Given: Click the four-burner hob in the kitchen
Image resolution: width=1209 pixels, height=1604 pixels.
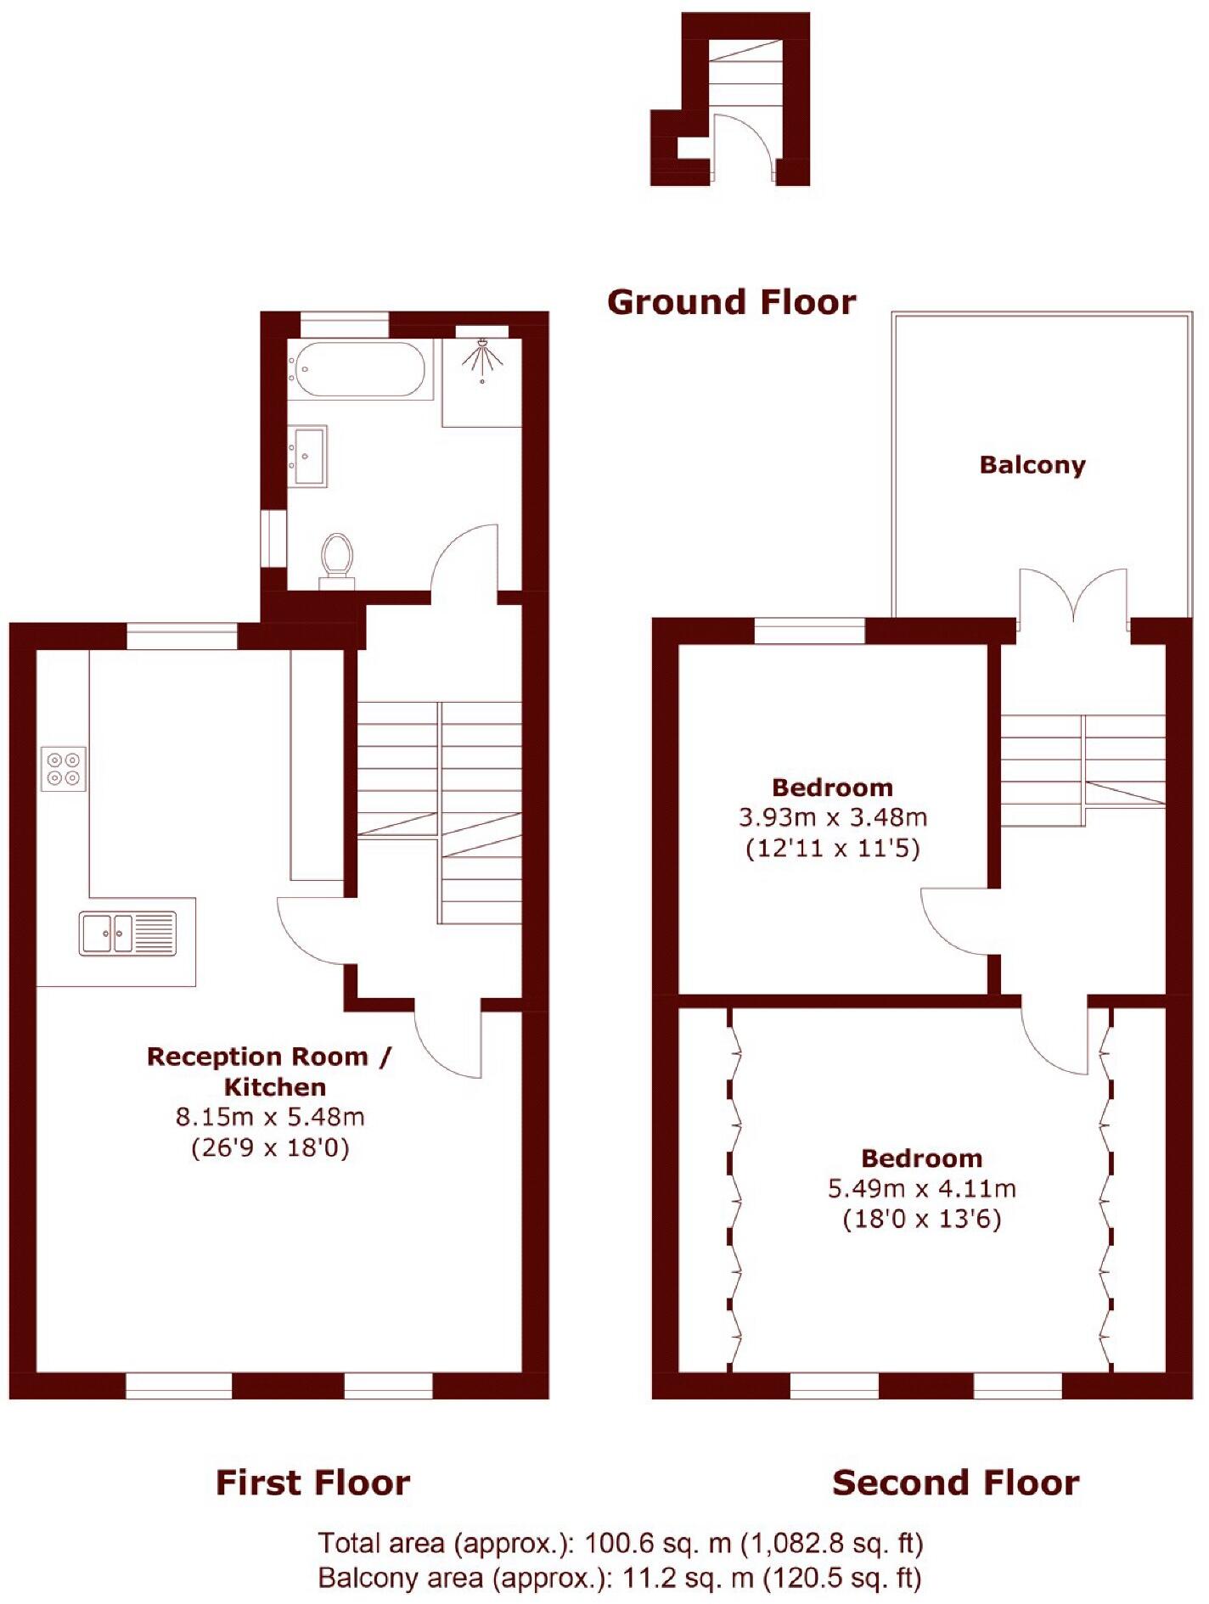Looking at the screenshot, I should [x=64, y=769].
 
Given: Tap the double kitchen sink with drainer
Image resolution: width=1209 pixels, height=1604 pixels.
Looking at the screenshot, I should [x=127, y=933].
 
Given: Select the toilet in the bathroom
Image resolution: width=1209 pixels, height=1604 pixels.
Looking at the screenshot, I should [x=337, y=559].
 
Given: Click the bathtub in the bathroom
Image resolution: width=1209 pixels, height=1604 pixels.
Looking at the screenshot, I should [x=357, y=368].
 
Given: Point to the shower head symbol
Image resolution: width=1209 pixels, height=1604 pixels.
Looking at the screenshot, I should [x=481, y=356].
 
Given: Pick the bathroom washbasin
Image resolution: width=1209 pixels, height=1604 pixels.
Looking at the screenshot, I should [x=307, y=456].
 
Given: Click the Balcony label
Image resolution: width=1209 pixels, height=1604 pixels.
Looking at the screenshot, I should [x=1032, y=465].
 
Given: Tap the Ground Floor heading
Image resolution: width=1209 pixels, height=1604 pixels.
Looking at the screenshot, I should [x=731, y=302].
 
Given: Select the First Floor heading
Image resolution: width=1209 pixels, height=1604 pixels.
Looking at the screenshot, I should [x=312, y=1483].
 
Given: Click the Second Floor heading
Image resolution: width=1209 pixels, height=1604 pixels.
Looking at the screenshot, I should [x=955, y=1483].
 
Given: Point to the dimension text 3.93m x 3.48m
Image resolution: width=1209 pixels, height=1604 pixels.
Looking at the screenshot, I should [x=832, y=818].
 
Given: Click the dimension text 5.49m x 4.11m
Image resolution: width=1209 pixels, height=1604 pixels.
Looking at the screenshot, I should [x=921, y=1188].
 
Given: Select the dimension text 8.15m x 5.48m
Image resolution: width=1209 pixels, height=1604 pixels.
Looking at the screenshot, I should [x=270, y=1117].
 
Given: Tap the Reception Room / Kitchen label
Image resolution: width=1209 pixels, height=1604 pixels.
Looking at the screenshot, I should [x=270, y=1071].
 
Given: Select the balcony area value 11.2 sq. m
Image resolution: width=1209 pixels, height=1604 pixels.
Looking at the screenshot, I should [x=688, y=1578].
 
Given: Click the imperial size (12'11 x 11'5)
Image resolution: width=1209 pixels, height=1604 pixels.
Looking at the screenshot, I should [x=832, y=849].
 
